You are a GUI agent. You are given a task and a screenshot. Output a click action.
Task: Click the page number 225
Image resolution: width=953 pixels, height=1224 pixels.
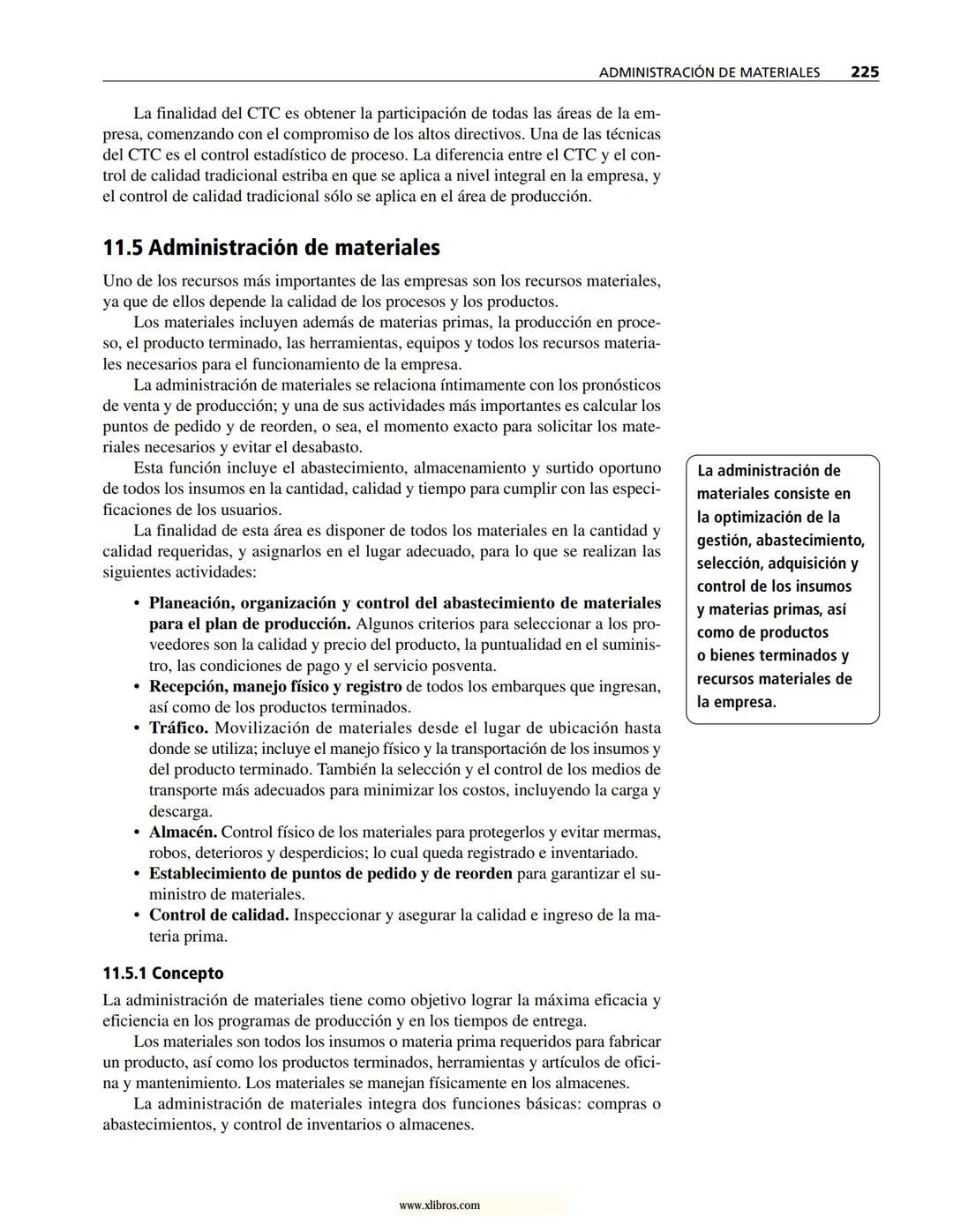(864, 72)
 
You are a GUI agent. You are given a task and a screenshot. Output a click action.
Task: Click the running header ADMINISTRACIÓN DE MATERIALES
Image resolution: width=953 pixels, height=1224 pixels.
(709, 73)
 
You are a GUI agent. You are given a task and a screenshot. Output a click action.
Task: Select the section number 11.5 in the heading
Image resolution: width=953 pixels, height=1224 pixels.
(123, 248)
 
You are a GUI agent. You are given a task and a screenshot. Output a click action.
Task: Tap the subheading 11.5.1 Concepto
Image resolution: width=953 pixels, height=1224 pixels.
(163, 974)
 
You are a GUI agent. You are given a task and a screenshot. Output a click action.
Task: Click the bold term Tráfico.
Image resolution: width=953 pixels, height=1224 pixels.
(178, 728)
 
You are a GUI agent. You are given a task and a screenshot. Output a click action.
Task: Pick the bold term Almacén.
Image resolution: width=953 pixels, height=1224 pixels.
(183, 832)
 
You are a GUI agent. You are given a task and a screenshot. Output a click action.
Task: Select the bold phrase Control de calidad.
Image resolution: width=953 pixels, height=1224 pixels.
(219, 915)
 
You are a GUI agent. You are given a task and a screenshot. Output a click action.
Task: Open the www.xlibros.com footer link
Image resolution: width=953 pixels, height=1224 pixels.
(439, 1205)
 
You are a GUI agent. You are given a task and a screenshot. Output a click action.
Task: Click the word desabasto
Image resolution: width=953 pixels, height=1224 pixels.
(326, 448)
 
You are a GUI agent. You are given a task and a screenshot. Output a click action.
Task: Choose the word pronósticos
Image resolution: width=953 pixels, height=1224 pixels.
(617, 385)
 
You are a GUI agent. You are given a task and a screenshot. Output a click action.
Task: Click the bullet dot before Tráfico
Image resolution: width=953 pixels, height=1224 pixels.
(137, 729)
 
